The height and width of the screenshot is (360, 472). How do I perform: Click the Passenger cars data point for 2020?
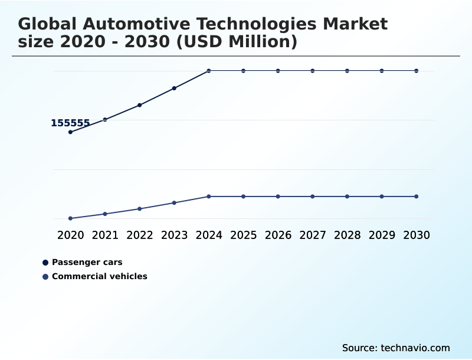pyautogui.click(x=70, y=132)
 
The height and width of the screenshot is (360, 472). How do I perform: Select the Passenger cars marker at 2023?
pyautogui.click(x=174, y=89)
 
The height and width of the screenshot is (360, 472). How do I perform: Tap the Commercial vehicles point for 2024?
pyautogui.click(x=209, y=197)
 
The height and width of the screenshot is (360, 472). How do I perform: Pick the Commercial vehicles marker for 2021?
pyautogui.click(x=105, y=214)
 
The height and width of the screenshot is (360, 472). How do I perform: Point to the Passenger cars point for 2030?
pyautogui.click(x=417, y=71)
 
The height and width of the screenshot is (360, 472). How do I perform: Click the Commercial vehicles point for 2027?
pyautogui.click(x=313, y=197)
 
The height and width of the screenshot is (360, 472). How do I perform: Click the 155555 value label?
pyautogui.click(x=70, y=123)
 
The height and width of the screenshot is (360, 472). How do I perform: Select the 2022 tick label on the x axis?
pyautogui.click(x=140, y=235)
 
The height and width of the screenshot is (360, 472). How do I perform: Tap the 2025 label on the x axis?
pyautogui.click(x=243, y=235)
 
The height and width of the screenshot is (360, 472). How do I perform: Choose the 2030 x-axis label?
pyautogui.click(x=417, y=235)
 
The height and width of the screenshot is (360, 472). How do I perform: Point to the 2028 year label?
pyautogui.click(x=347, y=235)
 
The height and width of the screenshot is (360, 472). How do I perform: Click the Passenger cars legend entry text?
pyautogui.click(x=87, y=262)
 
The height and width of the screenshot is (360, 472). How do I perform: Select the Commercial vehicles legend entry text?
pyautogui.click(x=100, y=276)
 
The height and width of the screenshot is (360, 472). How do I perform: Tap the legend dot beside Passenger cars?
pyautogui.click(x=45, y=263)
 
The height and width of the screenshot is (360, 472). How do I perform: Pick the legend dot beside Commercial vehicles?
pyautogui.click(x=45, y=277)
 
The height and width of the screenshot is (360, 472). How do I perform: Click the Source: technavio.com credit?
pyautogui.click(x=396, y=348)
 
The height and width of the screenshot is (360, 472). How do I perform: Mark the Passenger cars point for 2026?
pyautogui.click(x=278, y=71)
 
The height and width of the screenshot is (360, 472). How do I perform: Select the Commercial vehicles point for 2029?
pyautogui.click(x=382, y=197)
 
